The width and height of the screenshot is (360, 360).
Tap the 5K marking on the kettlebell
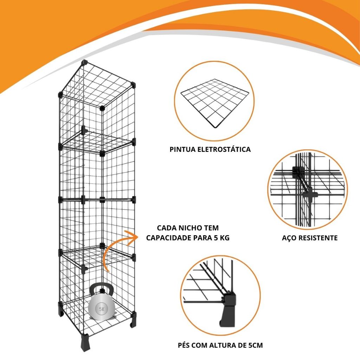(x=102, y=309)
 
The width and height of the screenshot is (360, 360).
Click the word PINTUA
(x=182, y=149)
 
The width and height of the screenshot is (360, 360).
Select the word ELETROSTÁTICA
(x=224, y=149)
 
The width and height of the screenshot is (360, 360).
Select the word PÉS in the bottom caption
(x=184, y=345)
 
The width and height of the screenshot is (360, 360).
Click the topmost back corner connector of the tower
(x=85, y=62)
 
